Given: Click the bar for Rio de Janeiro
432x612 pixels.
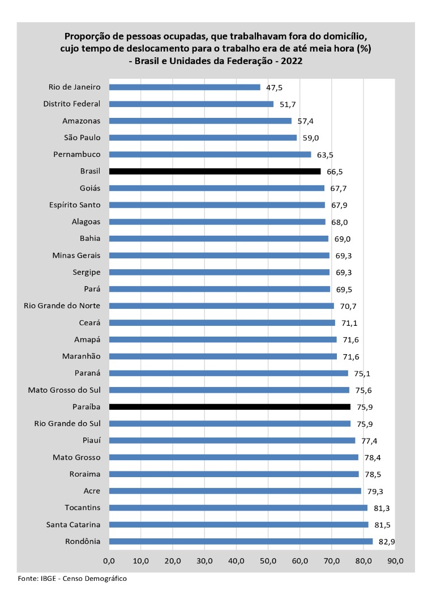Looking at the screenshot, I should [x=185, y=87].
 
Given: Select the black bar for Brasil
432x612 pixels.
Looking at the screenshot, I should [x=215, y=171].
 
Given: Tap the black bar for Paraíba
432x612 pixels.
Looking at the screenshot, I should [x=229, y=407].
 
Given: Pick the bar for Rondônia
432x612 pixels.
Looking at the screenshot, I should [x=241, y=541].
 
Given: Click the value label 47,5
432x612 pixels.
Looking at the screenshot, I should [x=275, y=87].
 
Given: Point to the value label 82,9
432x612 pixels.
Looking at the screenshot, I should [x=387, y=542].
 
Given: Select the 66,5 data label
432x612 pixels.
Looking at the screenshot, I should [x=335, y=172].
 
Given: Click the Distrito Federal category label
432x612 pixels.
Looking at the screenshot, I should [x=71, y=104].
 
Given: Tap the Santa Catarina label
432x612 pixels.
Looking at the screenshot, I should [x=73, y=524].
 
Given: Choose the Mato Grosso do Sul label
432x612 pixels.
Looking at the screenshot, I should [x=64, y=390].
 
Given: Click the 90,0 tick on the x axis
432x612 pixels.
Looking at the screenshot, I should [x=395, y=561].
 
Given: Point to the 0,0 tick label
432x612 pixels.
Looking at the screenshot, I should [x=109, y=561].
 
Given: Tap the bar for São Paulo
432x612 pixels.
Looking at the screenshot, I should [x=203, y=138].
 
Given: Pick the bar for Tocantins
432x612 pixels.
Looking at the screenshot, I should [x=238, y=508].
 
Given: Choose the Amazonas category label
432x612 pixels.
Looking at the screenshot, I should [x=81, y=121].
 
